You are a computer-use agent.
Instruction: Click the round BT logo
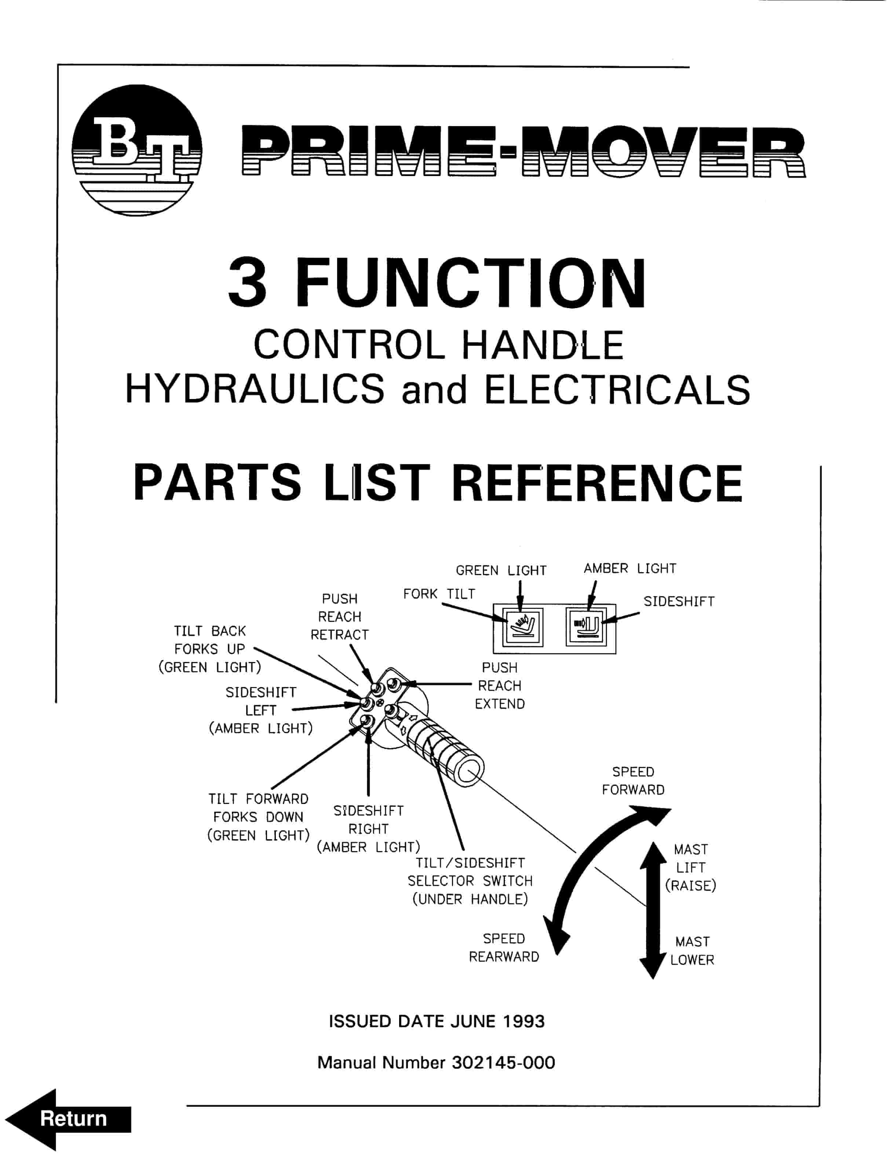(x=136, y=150)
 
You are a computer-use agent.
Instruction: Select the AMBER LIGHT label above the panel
(x=630, y=569)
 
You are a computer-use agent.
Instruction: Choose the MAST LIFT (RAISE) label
(x=690, y=867)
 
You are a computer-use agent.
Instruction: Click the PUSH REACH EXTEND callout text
(x=499, y=686)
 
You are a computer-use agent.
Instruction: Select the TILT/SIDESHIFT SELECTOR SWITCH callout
(x=470, y=881)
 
